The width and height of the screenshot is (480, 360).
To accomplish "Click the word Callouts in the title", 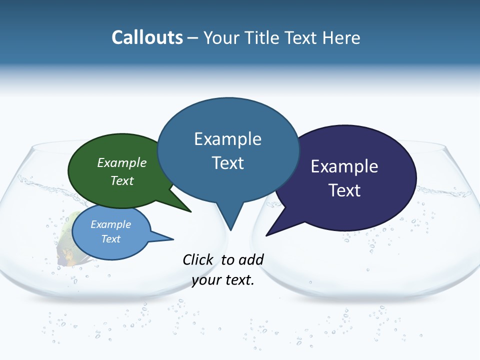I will pos(147,37).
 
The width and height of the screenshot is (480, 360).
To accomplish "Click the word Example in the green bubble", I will pos(122,163).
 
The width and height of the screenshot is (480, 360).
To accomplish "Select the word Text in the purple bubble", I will pos(344,190).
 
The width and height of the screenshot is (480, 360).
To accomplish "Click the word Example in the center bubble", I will pos(227,138).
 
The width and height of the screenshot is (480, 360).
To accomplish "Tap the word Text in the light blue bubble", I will pos(111,239).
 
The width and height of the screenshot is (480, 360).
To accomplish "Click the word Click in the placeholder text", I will pos(198,259).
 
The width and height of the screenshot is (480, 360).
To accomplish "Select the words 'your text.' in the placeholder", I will pos(223,280).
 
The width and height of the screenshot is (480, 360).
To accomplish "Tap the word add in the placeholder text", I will pos(251,259).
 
